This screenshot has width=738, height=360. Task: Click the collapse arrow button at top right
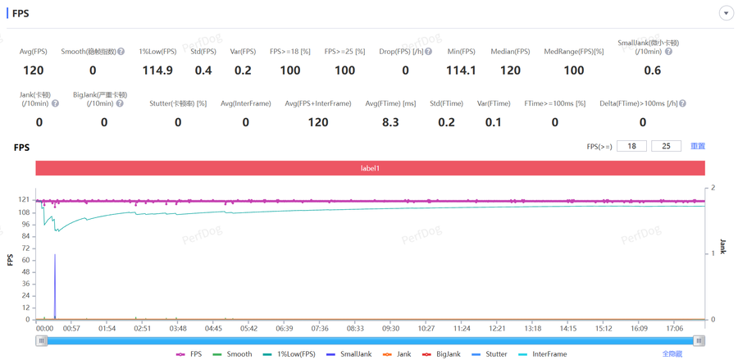726,13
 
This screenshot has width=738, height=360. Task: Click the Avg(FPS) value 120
34,71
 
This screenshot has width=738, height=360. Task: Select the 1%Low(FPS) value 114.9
157,71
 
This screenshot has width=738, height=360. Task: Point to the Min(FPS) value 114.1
462,71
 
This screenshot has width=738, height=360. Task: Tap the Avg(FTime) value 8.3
390,122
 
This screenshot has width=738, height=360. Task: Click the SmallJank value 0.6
653,71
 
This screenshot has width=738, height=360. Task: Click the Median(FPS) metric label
510,52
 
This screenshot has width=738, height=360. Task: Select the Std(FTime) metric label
447,103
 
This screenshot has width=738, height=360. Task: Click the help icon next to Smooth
121,52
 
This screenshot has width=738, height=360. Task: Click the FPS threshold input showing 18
631,146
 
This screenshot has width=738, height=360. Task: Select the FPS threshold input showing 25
666,146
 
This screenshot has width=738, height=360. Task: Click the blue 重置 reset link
698,146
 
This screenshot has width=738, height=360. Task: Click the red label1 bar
370,168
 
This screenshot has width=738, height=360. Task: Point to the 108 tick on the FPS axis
24,212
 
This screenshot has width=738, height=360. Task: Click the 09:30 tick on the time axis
390,329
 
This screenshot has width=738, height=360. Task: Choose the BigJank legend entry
443,354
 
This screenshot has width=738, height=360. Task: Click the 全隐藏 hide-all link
672,354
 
